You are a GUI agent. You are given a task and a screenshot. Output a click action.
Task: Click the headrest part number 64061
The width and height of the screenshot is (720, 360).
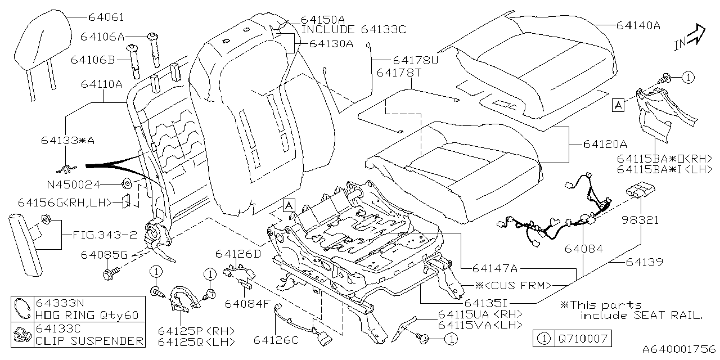pos(105,17)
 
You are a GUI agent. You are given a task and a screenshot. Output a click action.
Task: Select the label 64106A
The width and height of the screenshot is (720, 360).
pos(102,37)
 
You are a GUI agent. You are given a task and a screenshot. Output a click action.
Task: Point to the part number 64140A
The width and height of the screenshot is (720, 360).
pos(638,25)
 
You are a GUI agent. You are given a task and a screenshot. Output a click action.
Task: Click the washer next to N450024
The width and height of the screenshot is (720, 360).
pos(126,182)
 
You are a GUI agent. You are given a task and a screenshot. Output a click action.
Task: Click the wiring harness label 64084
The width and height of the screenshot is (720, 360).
pos(584,247)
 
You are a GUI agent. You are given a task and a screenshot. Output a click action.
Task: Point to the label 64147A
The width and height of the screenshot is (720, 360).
pos(494,268)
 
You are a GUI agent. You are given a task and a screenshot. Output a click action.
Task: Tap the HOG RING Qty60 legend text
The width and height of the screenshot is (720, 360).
pos(87,316)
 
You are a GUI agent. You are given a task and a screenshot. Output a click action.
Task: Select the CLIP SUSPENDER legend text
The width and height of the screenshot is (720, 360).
pos(89,340)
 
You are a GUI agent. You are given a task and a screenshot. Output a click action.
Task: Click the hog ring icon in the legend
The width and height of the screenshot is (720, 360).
pos(22,308)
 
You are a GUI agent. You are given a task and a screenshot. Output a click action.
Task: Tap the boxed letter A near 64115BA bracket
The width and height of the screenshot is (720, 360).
pos(618,105)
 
